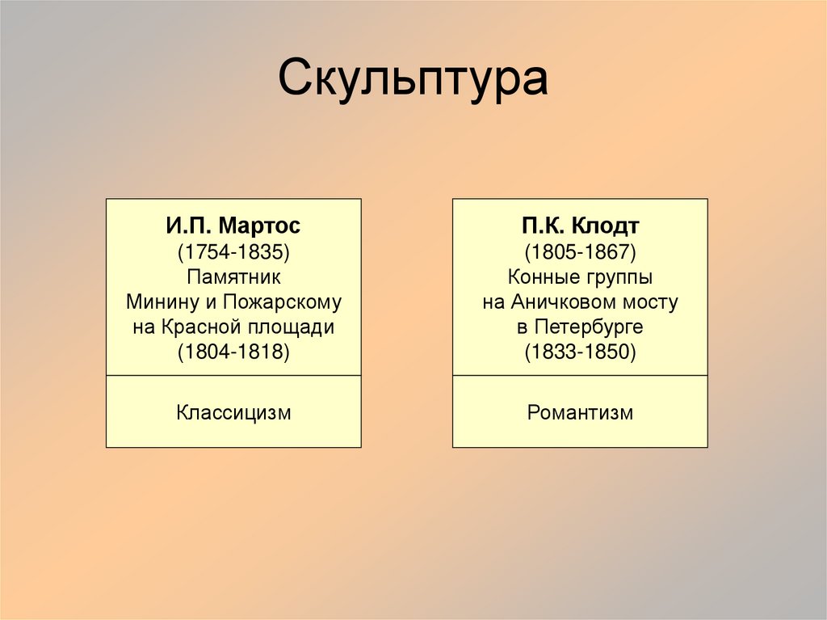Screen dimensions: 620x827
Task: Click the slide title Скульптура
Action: coord(413,80)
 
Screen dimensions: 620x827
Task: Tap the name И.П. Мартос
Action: coord(233,226)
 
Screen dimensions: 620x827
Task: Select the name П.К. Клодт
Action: coord(580,226)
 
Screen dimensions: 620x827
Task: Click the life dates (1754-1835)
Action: coord(233,251)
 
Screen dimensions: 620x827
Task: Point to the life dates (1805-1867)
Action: coord(580,251)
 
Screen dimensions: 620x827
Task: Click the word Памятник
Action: coord(233,277)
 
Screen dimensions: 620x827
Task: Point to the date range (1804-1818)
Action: coord(233,353)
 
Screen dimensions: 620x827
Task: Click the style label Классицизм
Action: coord(233,413)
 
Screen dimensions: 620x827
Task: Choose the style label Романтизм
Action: coord(580,413)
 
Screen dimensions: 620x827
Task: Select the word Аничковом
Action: coord(562,303)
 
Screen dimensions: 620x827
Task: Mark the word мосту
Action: coord(651,303)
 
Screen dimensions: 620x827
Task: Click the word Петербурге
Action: coord(589,328)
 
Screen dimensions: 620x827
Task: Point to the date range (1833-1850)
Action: coord(580,353)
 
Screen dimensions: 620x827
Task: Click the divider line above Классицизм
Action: coord(233,376)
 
